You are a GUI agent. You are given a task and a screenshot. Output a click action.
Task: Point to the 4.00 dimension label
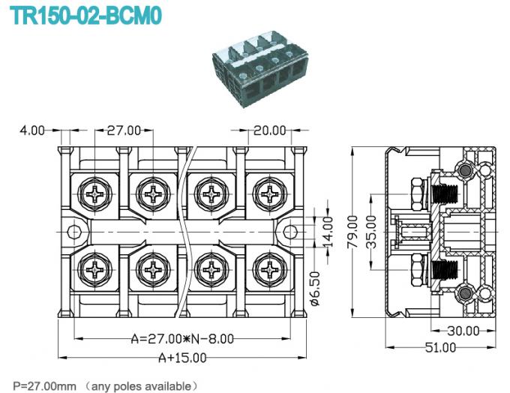click(32, 130)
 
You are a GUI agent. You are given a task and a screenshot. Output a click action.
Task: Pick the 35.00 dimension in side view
click(371, 232)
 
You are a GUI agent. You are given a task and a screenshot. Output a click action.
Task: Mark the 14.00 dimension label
click(327, 224)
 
